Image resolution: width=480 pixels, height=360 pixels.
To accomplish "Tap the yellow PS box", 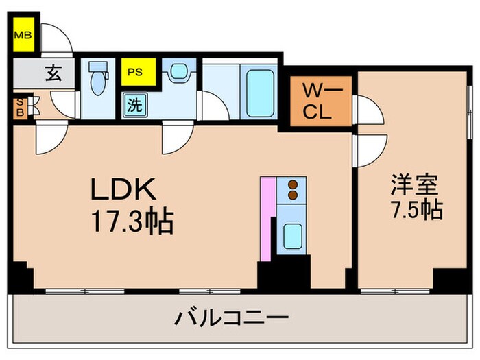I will click(x=135, y=71).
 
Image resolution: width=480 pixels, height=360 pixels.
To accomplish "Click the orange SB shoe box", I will click(x=20, y=108).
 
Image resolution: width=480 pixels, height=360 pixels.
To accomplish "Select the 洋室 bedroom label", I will click(x=413, y=185).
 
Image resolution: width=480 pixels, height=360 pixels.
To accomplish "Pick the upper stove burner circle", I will click(x=294, y=184).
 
